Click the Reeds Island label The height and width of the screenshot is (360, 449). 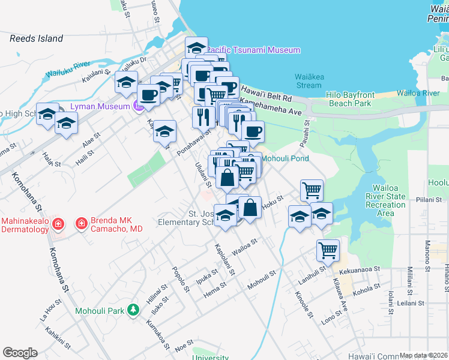click(36, 38)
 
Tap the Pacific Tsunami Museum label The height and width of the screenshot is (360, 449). click(254, 50)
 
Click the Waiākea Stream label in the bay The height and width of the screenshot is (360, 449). click(309, 80)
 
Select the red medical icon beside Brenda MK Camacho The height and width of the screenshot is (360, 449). click(79, 224)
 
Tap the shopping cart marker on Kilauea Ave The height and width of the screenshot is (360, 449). click(328, 250)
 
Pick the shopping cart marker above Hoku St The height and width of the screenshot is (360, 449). click(312, 190)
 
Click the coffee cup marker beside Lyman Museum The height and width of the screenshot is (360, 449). click(148, 94)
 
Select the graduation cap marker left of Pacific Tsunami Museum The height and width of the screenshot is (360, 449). click(196, 47)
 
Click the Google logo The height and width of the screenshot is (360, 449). click(20, 353)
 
